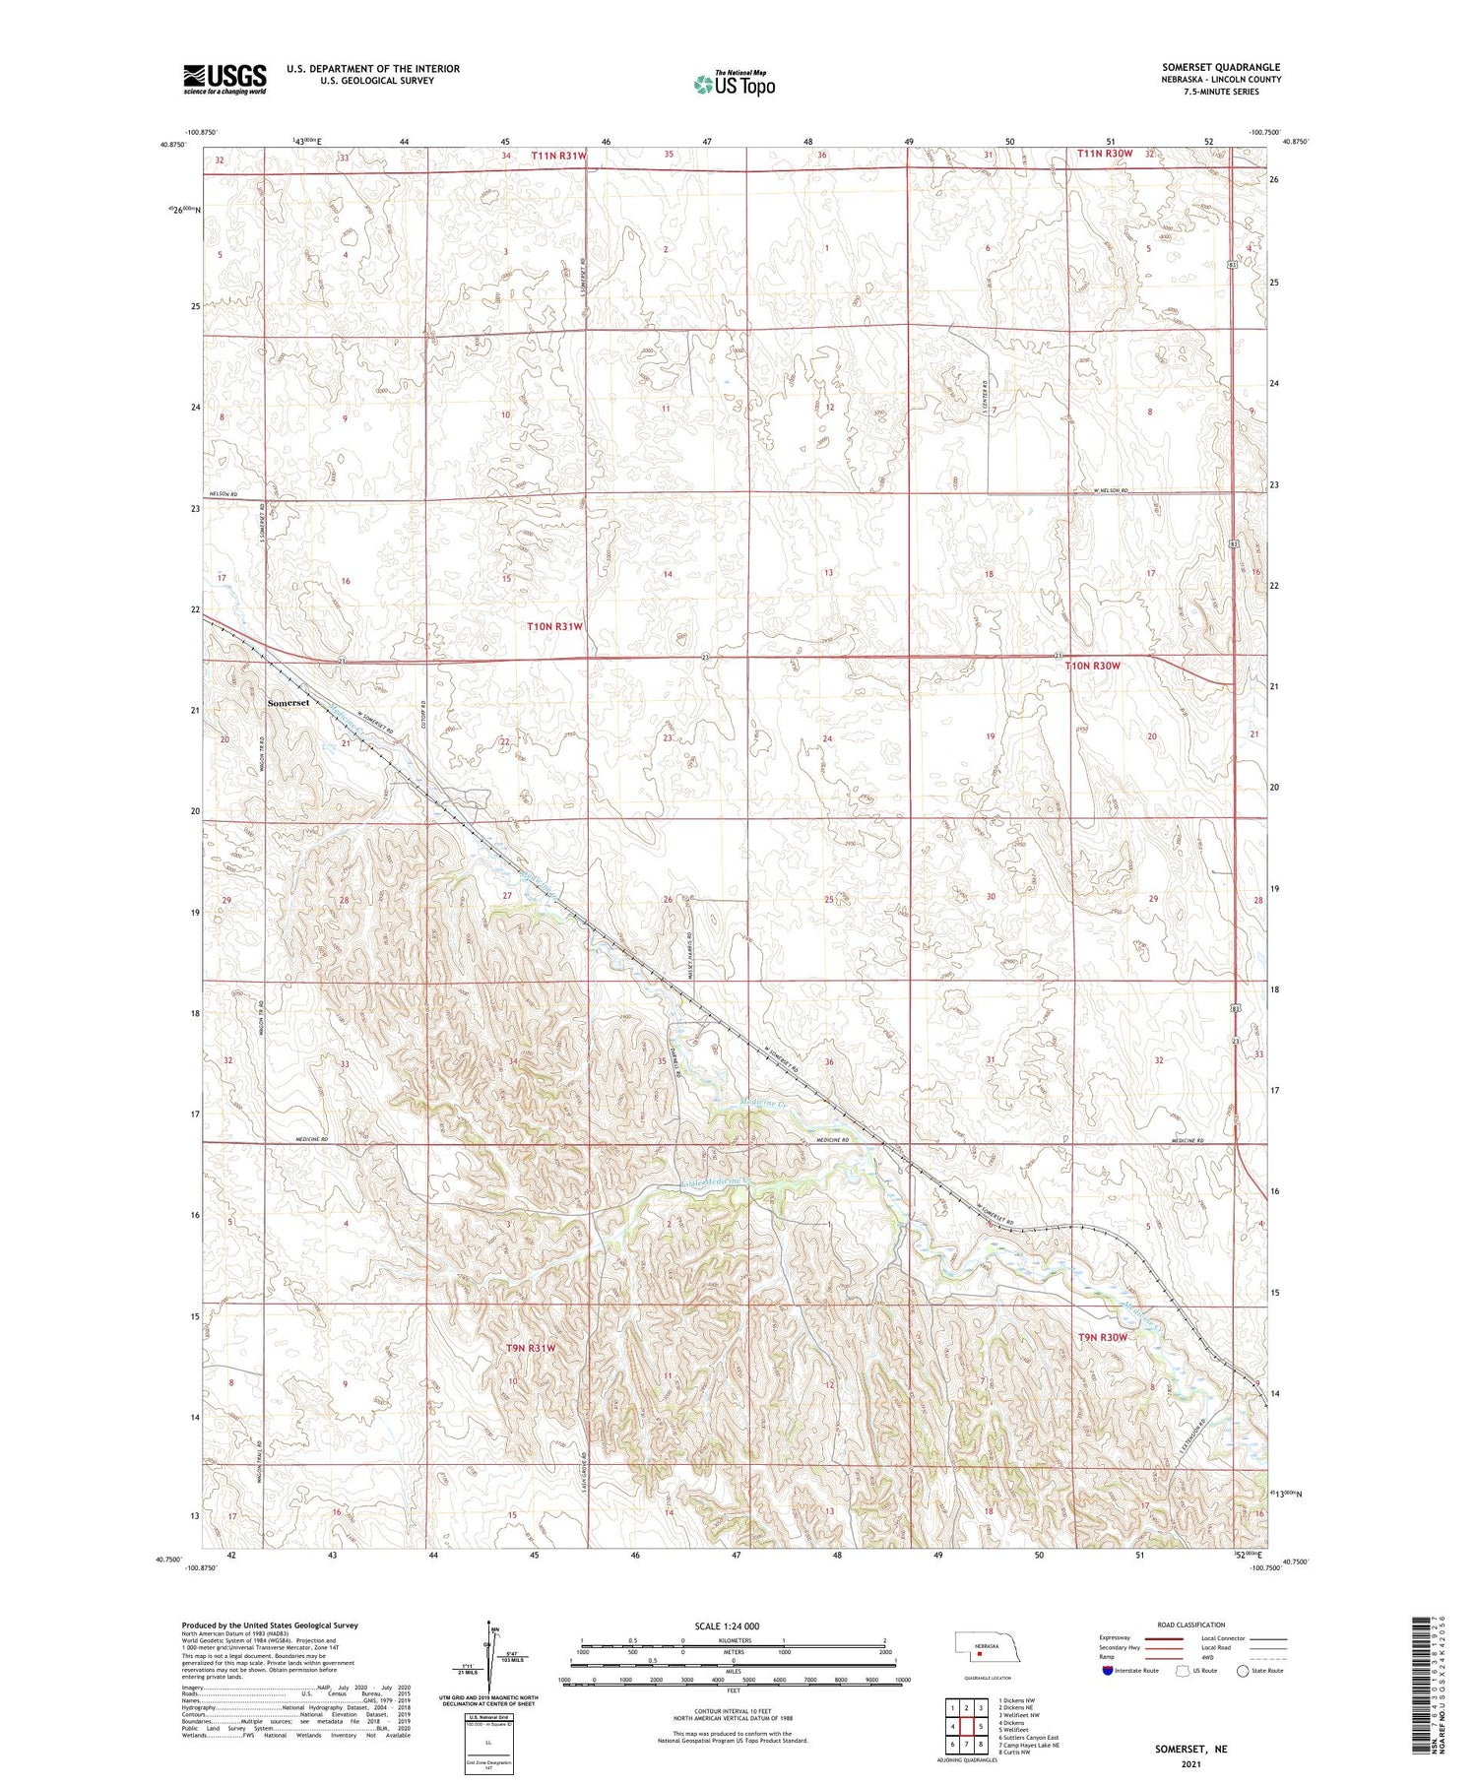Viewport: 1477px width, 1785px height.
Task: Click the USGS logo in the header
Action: [225, 79]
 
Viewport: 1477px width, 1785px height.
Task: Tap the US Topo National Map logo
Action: [734, 85]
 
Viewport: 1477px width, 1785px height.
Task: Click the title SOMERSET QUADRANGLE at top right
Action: [1221, 68]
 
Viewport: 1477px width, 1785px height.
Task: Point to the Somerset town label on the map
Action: [289, 703]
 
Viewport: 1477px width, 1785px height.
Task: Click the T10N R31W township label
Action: [555, 626]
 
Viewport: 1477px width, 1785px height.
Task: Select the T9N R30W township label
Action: [1101, 1337]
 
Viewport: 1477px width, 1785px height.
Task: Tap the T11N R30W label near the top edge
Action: [1104, 155]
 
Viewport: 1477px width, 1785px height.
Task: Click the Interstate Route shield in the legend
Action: [1108, 1671]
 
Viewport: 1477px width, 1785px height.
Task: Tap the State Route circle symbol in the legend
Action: [1243, 1671]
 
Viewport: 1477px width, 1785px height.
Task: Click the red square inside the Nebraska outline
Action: [980, 1654]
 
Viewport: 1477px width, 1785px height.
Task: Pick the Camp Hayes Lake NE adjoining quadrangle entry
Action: [1028, 1745]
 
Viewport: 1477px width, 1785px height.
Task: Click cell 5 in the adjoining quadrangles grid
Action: [982, 1726]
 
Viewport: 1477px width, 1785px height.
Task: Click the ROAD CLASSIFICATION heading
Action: [1191, 1625]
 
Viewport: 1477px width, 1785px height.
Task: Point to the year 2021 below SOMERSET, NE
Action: [1192, 1763]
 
